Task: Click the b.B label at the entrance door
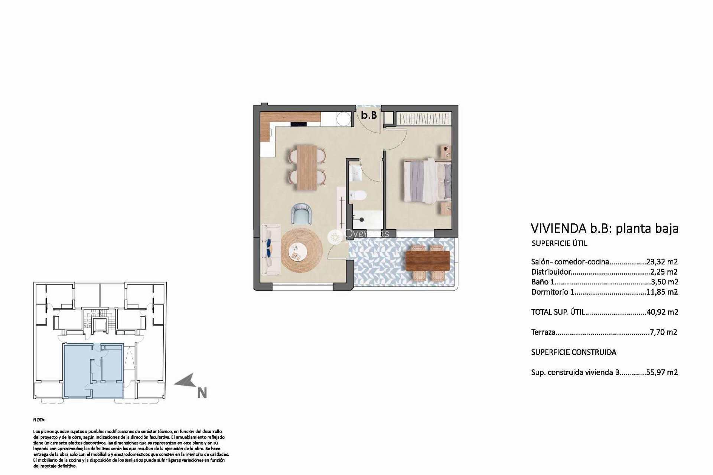(x=369, y=115)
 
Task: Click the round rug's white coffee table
(x=297, y=253)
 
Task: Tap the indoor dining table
(x=307, y=167)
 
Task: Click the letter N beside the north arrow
(x=202, y=393)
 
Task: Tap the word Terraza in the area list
(x=543, y=332)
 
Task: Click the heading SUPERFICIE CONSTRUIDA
(x=574, y=352)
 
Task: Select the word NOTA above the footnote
(x=39, y=420)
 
